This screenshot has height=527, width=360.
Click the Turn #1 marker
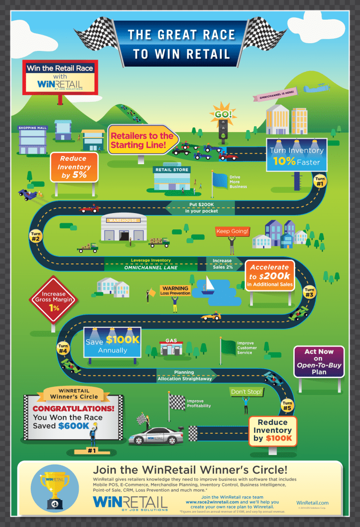tap(320, 181)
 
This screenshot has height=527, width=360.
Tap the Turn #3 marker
tap(309, 292)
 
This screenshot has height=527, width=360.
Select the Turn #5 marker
tap(287, 406)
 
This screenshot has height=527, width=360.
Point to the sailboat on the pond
tap(208, 285)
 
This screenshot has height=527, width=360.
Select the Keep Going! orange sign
tap(232, 231)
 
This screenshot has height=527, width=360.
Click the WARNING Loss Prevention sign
tap(175, 290)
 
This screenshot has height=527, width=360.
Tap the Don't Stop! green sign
tap(246, 392)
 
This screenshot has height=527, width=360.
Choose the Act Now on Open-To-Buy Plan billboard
tap(319, 361)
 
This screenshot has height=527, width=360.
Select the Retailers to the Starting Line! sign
tap(142, 140)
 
